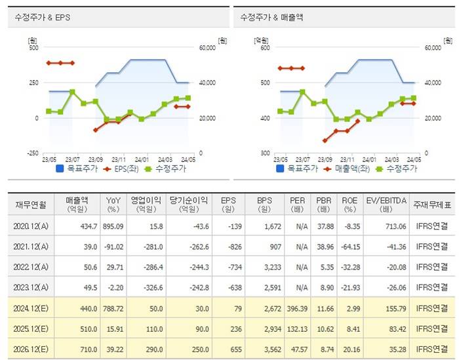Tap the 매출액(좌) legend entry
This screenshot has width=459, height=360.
click(x=351, y=169)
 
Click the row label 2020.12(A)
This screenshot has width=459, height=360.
click(x=30, y=226)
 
